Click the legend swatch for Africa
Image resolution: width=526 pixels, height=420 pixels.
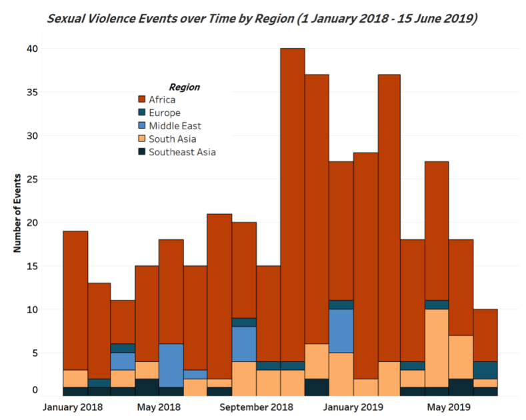(x=142, y=100)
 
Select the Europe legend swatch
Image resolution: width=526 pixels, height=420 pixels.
(x=142, y=113)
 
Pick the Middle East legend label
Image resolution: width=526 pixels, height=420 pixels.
(x=175, y=125)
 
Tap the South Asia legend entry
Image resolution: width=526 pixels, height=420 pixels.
(x=172, y=139)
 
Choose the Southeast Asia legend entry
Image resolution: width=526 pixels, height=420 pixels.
(x=182, y=151)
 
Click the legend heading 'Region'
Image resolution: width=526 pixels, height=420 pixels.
(x=184, y=87)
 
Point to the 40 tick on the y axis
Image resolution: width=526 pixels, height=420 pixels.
(x=33, y=49)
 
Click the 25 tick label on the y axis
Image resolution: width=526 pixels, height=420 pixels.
(x=33, y=179)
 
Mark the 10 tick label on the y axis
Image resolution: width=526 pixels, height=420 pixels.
(x=33, y=309)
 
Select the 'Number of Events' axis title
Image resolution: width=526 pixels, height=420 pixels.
(x=18, y=213)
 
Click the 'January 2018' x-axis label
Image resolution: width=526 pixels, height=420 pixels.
(x=73, y=406)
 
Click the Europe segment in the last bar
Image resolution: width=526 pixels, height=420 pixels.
(x=486, y=370)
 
